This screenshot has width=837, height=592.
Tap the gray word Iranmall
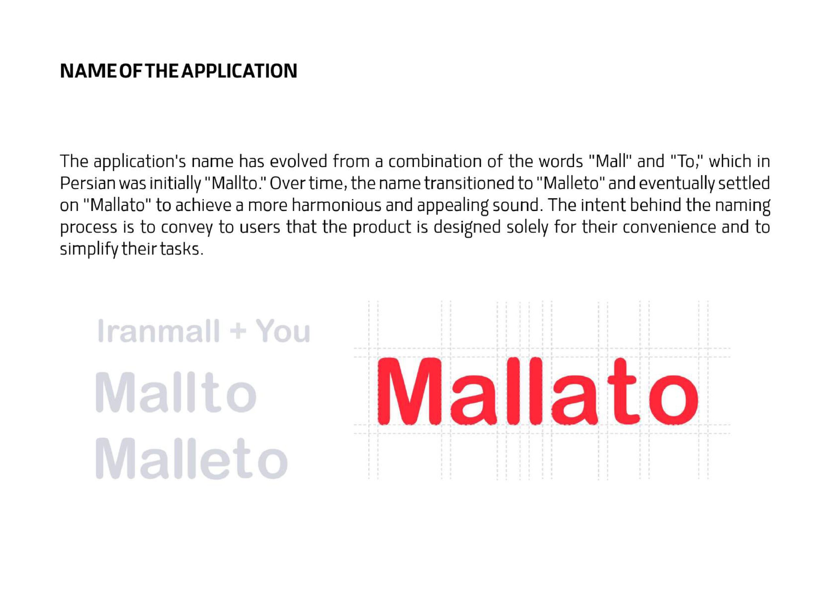[159, 331]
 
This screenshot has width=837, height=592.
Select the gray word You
[282, 331]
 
